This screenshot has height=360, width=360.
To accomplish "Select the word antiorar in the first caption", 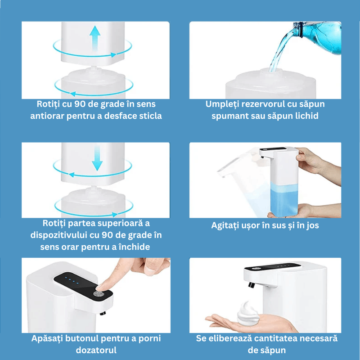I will click(x=49, y=116).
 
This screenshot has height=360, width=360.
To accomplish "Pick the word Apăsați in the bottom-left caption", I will click(x=49, y=338).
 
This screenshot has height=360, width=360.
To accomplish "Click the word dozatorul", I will click(x=95, y=350).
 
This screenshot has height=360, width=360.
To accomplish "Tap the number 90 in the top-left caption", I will click(x=82, y=104).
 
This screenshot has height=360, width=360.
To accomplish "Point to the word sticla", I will click(x=148, y=116).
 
